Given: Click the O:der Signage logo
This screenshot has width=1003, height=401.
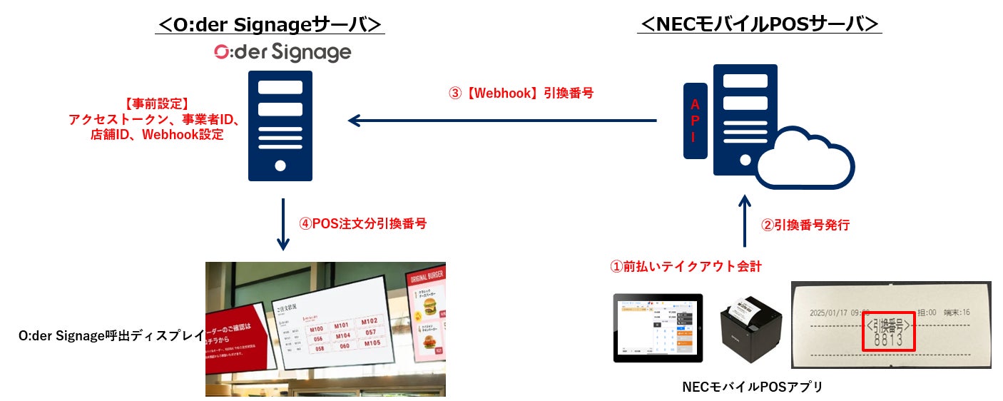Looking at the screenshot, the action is click(x=282, y=52).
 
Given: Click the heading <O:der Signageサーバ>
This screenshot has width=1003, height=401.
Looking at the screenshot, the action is click(x=271, y=24).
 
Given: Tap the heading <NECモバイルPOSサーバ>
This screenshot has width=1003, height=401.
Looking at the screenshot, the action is click(x=760, y=24).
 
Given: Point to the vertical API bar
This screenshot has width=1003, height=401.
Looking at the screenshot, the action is click(x=695, y=121).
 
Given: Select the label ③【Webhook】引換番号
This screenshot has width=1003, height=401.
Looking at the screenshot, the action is click(x=521, y=93).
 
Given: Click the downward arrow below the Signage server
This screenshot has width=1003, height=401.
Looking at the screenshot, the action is click(x=282, y=225).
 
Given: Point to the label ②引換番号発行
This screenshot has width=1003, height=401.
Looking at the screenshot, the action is click(x=805, y=225).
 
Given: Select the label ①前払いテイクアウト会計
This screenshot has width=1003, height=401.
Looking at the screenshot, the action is click(x=686, y=267).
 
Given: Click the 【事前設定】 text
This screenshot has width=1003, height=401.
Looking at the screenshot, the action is click(x=156, y=104).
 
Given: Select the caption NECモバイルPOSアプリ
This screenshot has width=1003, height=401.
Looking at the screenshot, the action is click(x=753, y=387).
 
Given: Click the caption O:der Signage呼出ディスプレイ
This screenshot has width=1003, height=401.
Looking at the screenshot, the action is click(x=111, y=335).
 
